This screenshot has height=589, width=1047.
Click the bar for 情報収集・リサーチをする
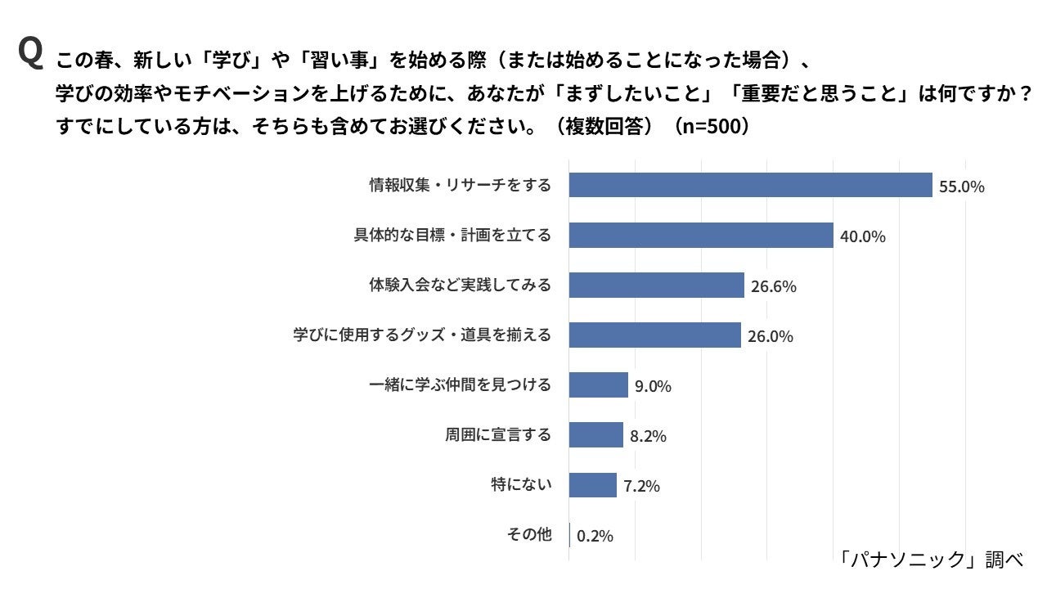tap(750, 185)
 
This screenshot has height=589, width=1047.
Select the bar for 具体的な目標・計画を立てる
tap(701, 236)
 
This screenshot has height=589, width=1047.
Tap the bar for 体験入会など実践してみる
tap(656, 286)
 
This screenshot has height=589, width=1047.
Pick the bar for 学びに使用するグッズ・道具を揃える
tap(654, 335)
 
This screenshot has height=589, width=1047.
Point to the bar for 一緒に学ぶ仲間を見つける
tap(598, 385)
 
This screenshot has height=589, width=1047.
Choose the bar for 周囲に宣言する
tap(595, 435)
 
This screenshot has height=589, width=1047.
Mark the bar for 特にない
tap(592, 485)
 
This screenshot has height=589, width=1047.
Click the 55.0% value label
tap(961, 187)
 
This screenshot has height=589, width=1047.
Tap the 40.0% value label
tap(863, 236)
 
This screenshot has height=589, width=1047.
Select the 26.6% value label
tap(773, 286)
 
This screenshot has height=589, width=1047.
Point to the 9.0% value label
tap(653, 386)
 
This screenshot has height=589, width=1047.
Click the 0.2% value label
tap(595, 536)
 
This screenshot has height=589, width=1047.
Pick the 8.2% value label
tap(648, 436)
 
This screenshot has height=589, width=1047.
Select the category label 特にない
tap(521, 485)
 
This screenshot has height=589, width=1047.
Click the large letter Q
tap(29, 53)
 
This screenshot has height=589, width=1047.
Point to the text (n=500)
tap(710, 128)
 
